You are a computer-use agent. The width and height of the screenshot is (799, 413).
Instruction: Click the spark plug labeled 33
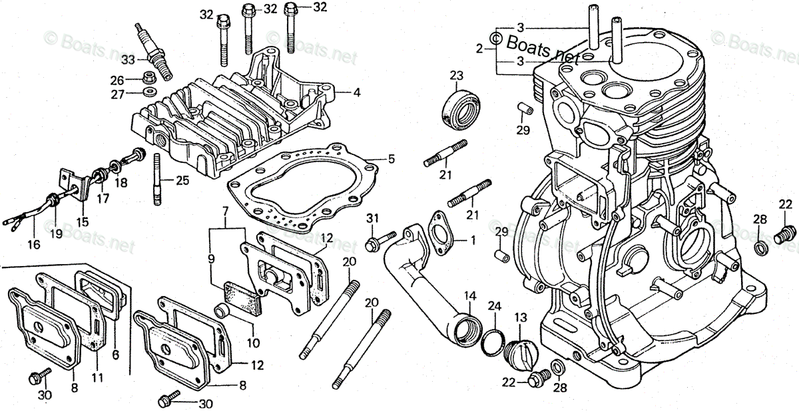pyautogui.click(x=154, y=52)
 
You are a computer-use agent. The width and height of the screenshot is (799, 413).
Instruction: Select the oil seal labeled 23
pyautogui.click(x=461, y=110)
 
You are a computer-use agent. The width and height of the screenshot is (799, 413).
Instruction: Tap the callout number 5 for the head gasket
pyautogui.click(x=392, y=159)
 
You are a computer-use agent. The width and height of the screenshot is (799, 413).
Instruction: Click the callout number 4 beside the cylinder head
pyautogui.click(x=357, y=92)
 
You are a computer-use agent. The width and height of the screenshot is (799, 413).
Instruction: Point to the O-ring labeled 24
pyautogui.click(x=493, y=342)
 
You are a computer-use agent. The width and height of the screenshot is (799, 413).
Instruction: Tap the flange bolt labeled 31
pyautogui.click(x=380, y=241)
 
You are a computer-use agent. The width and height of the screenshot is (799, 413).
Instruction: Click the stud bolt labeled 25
pyautogui.click(x=157, y=180)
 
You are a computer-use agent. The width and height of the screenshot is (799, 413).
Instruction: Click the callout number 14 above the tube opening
pyautogui.click(x=470, y=297)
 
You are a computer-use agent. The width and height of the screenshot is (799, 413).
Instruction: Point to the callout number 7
pyautogui.click(x=225, y=211)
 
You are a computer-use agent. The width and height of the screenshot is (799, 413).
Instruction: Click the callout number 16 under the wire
pyautogui.click(x=34, y=245)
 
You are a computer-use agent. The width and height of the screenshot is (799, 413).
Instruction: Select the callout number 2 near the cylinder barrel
pyautogui.click(x=479, y=49)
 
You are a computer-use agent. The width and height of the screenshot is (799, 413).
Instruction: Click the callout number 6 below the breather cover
pyautogui.click(x=115, y=355)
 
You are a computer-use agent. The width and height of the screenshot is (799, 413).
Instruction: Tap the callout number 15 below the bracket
pyautogui.click(x=83, y=222)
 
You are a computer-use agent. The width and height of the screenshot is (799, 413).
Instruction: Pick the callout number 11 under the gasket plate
pyautogui.click(x=97, y=378)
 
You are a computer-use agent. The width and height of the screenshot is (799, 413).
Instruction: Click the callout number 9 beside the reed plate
pyautogui.click(x=211, y=259)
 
